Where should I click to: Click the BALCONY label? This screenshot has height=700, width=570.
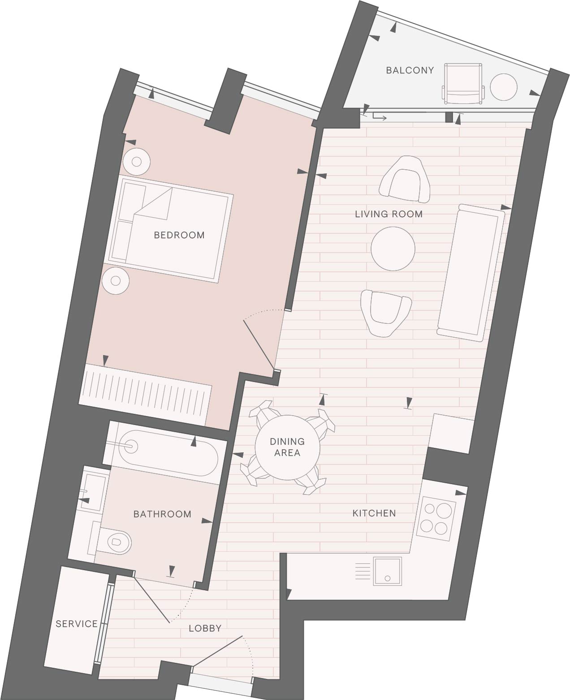(410, 70)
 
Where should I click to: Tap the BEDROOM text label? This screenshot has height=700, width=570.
(179, 235)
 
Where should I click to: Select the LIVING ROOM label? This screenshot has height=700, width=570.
(389, 214)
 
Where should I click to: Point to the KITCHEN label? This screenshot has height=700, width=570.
(374, 513)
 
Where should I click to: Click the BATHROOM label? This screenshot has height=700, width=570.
(162, 514)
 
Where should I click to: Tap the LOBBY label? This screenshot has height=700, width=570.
(205, 628)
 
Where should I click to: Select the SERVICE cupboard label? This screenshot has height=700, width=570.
(77, 624)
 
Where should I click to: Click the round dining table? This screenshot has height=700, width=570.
(287, 447)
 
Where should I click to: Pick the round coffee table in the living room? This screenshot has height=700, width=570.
(393, 249)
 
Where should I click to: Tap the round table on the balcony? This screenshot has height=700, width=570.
(503, 87)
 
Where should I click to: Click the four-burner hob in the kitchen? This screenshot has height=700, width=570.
(436, 522)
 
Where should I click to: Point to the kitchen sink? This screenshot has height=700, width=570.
(387, 571)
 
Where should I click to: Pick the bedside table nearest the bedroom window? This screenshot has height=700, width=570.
(136, 162)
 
